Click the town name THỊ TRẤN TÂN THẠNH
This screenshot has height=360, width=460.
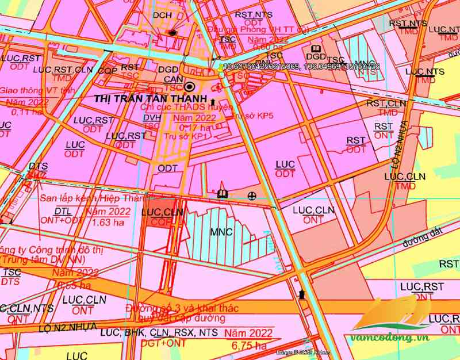tap(141, 98)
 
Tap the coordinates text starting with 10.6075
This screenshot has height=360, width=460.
tap(301, 67)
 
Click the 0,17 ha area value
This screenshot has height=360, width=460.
tap(193, 127)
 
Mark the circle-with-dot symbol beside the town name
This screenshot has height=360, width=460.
tap(190, 87)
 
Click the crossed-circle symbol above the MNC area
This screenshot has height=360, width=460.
tap(252, 196)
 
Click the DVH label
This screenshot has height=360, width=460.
tap(151, 117)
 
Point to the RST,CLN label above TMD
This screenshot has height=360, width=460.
tap(386, 103)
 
